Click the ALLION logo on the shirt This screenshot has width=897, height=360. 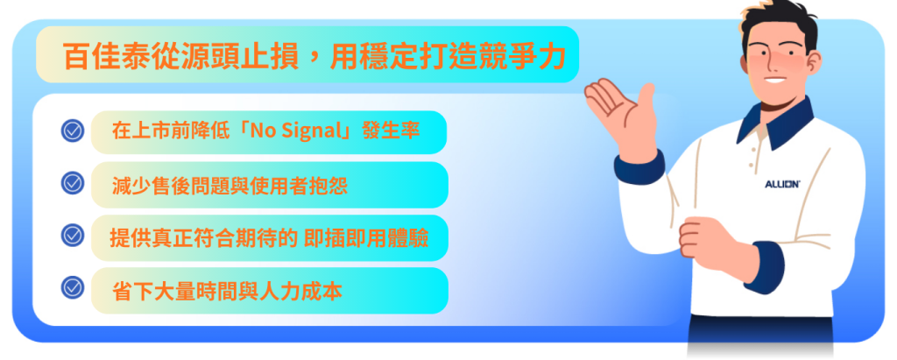pyautogui.click(x=782, y=184)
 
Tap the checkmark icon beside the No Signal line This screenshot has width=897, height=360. pyautogui.click(x=73, y=131)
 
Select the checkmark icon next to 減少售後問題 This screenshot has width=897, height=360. pyautogui.click(x=73, y=183)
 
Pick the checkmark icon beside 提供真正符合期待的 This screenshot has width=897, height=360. pyautogui.click(x=73, y=236)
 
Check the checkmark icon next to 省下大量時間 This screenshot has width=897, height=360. pyautogui.click(x=73, y=287)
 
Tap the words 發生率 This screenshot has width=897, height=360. pyautogui.click(x=392, y=131)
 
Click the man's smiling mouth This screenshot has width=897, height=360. pyautogui.click(x=776, y=79)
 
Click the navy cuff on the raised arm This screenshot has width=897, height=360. pyautogui.click(x=640, y=166)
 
